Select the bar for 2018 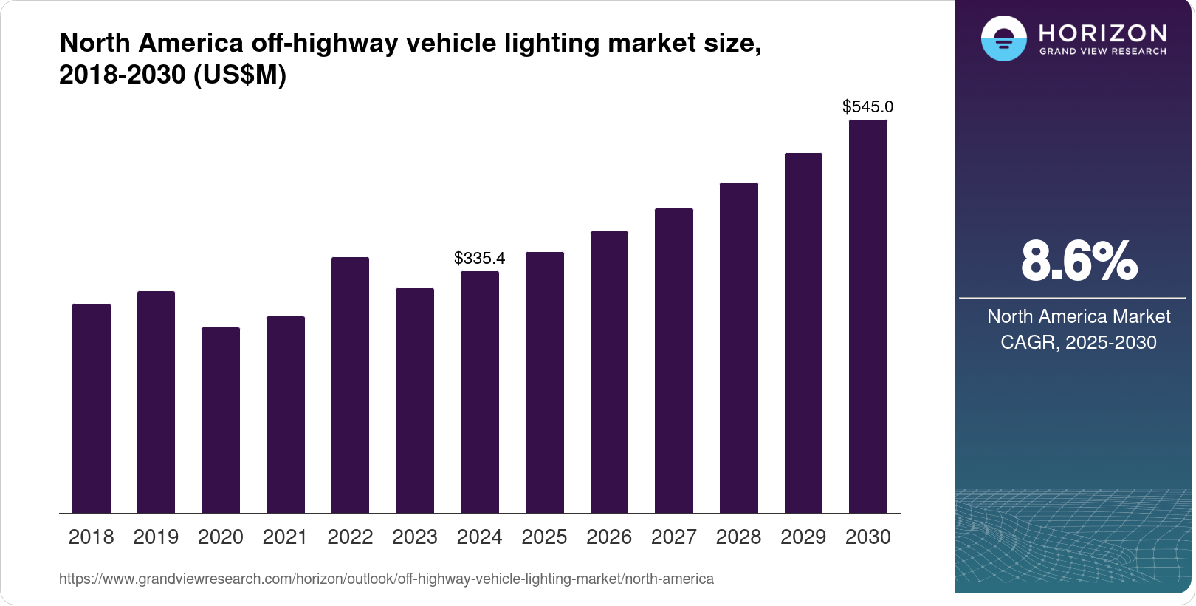92,408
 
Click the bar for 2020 221,420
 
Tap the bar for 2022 350,385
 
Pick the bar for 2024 480,392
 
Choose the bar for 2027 674,361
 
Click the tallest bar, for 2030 868,316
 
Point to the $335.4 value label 480,258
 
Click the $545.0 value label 868,106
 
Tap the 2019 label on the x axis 156,537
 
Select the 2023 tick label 415,537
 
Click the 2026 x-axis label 609,537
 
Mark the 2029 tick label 803,537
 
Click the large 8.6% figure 1079,261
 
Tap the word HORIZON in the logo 1103,33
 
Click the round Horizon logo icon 1003,38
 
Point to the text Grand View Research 1103,51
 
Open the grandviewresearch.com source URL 386,579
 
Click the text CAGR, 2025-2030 1079,342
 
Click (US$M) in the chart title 239,75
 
